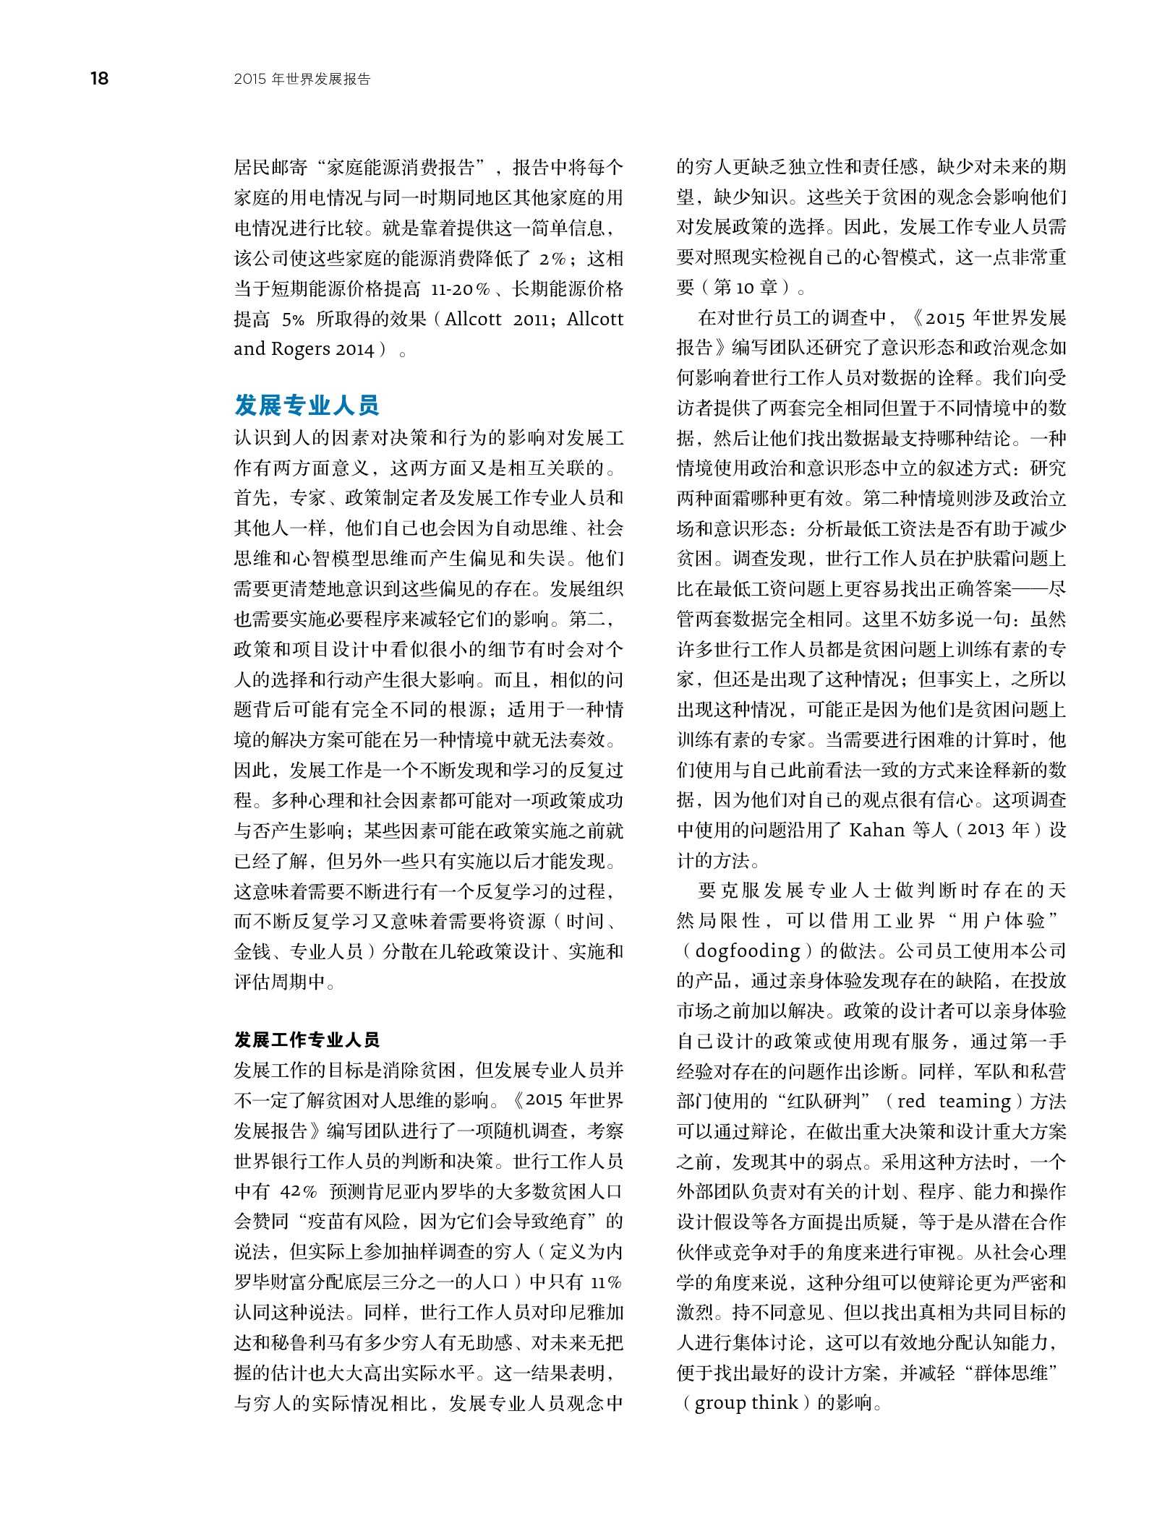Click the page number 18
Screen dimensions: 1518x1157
(100, 79)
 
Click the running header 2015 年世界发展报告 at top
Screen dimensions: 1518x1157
(302, 80)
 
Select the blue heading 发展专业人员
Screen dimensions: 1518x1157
(307, 406)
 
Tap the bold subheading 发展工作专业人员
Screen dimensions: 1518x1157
(307, 1039)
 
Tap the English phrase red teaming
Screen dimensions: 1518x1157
(953, 1101)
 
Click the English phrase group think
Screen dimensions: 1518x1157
(746, 1403)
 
